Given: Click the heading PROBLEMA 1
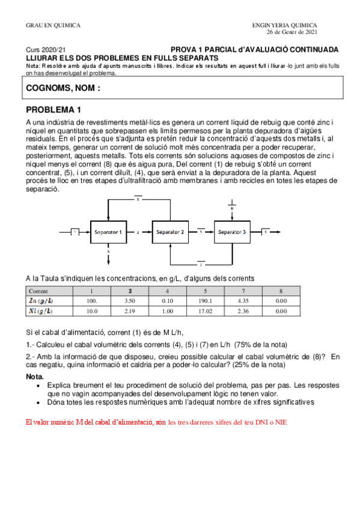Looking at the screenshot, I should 53,110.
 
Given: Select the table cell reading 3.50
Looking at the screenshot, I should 130,300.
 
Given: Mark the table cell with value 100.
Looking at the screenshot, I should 92,300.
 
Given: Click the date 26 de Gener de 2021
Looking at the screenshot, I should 292,31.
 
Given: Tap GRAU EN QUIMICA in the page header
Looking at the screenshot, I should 53,25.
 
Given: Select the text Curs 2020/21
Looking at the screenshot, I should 46,50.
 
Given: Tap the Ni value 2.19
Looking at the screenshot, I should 130,312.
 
